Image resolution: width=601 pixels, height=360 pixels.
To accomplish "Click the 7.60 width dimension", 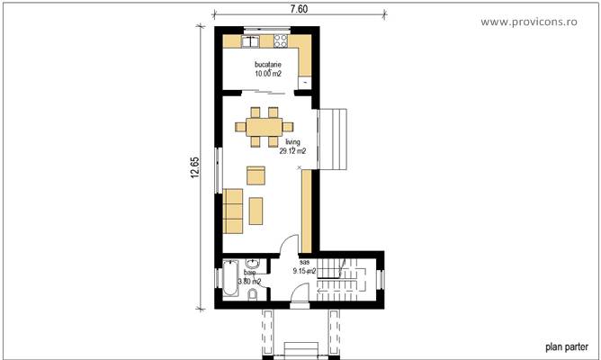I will point(300,9).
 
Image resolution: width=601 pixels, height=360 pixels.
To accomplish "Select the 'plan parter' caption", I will point(566,345).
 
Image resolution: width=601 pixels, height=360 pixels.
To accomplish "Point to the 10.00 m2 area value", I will point(268,76).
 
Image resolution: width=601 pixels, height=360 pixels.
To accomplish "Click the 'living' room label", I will point(292,142).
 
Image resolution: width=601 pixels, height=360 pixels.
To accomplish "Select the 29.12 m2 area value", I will point(292,151).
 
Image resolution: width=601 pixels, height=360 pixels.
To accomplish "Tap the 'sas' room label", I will point(303,261).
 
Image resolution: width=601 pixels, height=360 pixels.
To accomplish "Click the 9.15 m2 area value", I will point(304,270).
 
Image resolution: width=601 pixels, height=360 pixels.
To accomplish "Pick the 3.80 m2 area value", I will point(249,282).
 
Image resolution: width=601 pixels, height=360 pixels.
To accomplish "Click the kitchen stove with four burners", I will point(279,40).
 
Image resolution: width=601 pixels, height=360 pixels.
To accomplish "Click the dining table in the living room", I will point(264,127).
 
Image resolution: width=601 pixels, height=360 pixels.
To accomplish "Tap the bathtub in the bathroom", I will point(229,280).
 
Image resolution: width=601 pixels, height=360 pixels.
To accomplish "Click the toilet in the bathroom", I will point(254,295).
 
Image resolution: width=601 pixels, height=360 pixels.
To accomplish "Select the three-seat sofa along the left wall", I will point(233,209).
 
